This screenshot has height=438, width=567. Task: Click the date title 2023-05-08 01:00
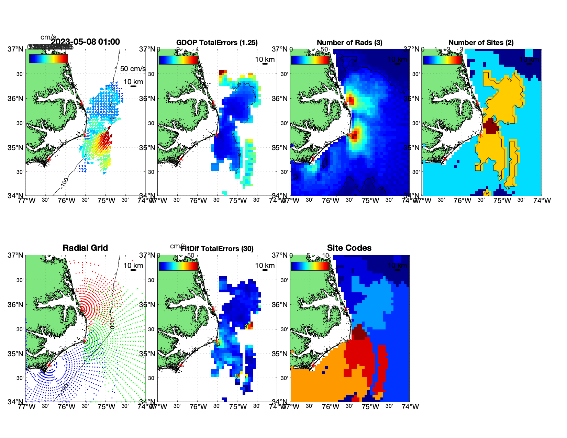coord(85,42)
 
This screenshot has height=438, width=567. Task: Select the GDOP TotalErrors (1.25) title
coord(217,43)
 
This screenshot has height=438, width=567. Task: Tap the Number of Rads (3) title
coord(349,43)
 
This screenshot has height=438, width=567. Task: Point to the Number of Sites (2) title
coord(481,43)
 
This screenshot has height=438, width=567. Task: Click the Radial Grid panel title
coord(85,248)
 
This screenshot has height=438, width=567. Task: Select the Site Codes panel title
coord(349,248)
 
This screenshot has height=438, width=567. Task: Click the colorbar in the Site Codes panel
coord(310,266)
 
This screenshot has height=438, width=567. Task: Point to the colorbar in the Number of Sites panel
coord(442,60)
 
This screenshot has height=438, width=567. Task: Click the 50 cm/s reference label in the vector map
coord(133,69)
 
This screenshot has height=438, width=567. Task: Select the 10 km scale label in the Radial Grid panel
coord(133,266)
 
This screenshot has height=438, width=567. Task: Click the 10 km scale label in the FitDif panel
coord(265,266)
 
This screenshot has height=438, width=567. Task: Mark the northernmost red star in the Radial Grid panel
coord(82,309)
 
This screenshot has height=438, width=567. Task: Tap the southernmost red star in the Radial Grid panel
coord(49,365)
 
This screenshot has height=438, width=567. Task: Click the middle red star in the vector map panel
coord(85,135)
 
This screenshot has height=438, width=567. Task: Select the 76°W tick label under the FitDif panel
coord(198,407)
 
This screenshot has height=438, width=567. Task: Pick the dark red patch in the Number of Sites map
coord(490,126)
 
